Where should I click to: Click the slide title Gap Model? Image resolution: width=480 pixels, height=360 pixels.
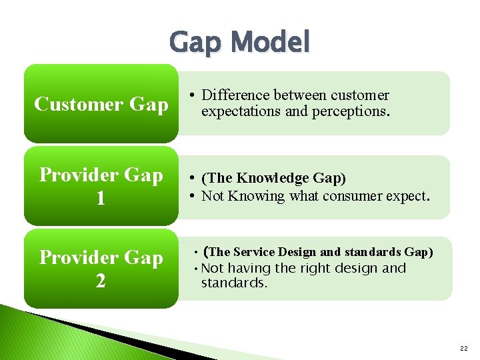240,43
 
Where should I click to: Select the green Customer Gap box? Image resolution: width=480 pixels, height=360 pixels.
101,104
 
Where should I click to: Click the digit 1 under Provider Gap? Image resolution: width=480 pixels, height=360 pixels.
101,199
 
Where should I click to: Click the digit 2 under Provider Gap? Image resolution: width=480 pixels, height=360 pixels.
101,281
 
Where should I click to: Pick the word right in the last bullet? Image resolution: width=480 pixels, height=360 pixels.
309,268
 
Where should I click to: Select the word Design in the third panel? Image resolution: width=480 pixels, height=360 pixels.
297,252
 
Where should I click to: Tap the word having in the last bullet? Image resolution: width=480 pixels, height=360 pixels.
249,268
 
